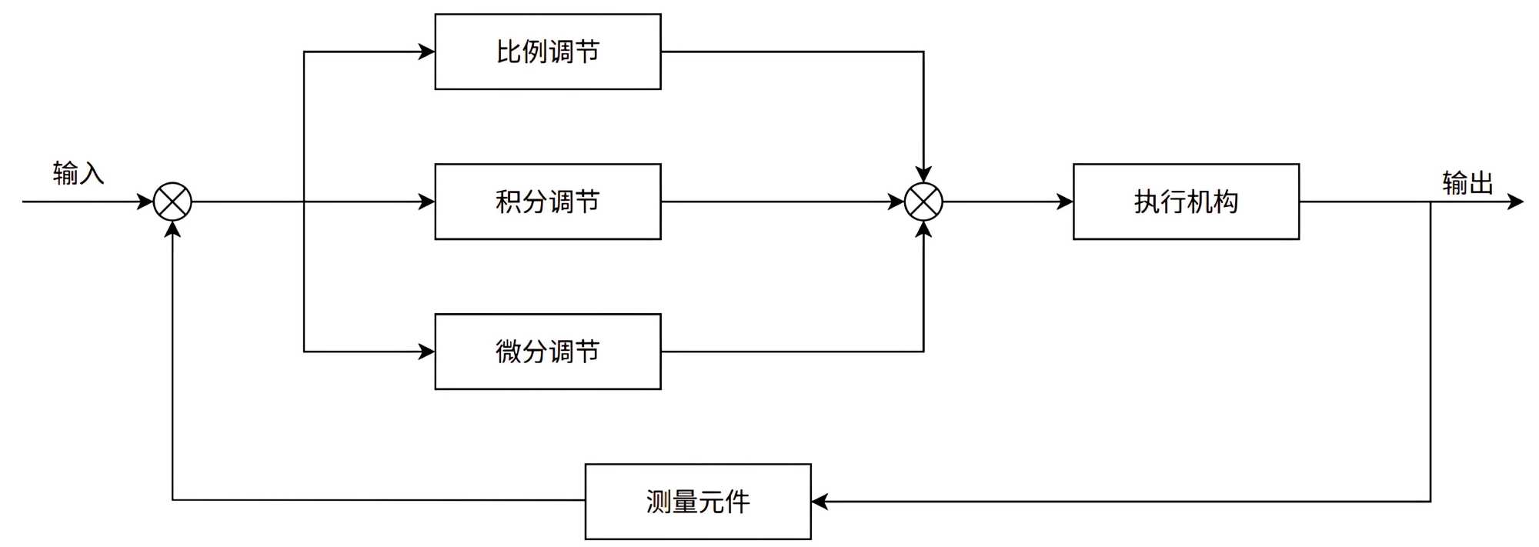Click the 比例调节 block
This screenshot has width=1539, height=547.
[547, 52]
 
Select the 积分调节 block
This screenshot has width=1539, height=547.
[547, 202]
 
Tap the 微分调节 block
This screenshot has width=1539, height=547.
[547, 352]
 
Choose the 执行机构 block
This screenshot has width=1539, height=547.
[1186, 202]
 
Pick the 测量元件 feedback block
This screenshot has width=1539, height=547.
[698, 502]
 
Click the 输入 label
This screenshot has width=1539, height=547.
[78, 174]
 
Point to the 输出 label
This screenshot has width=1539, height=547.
[1467, 183]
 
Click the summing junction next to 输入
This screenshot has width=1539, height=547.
[172, 202]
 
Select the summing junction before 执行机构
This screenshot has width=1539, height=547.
[923, 202]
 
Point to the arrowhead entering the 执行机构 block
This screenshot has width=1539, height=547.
[1065, 202]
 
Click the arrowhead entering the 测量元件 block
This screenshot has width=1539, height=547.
[820, 502]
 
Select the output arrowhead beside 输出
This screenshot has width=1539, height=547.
[1515, 202]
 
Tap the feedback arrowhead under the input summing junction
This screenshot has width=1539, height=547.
[172, 229]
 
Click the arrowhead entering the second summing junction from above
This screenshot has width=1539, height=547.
[923, 174]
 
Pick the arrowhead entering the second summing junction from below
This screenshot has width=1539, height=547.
[923, 229]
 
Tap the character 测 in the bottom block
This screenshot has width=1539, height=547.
[659, 502]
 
